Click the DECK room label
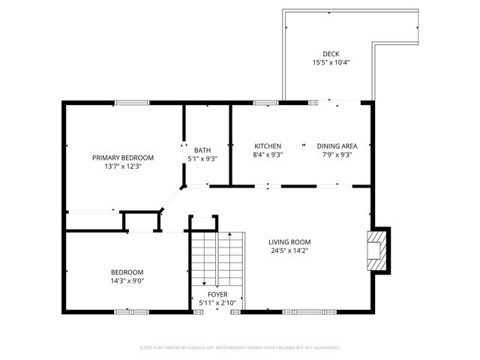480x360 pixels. click(x=331, y=54)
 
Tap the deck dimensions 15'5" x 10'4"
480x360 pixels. click(x=331, y=63)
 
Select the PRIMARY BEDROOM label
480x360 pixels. click(x=123, y=157)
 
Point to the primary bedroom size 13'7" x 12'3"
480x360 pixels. click(x=123, y=166)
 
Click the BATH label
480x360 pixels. click(x=202, y=149)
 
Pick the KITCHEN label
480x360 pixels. click(x=268, y=146)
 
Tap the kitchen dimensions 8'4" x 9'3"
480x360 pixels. click(x=268, y=155)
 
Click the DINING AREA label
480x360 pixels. click(x=337, y=146)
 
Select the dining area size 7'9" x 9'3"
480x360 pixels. click(x=337, y=155)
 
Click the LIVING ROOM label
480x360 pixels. click(x=289, y=241)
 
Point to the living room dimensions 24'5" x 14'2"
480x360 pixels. click(x=289, y=250)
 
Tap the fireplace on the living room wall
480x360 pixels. click(x=378, y=250)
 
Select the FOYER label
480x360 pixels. click(x=217, y=295)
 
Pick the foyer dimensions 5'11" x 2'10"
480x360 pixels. click(x=217, y=303)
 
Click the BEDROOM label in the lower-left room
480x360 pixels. click(x=127, y=272)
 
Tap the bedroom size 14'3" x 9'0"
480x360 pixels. click(x=127, y=281)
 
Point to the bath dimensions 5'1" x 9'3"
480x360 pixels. click(x=202, y=158)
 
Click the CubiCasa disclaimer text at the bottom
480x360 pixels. click(x=240, y=348)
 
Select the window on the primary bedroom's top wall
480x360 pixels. click(x=126, y=103)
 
